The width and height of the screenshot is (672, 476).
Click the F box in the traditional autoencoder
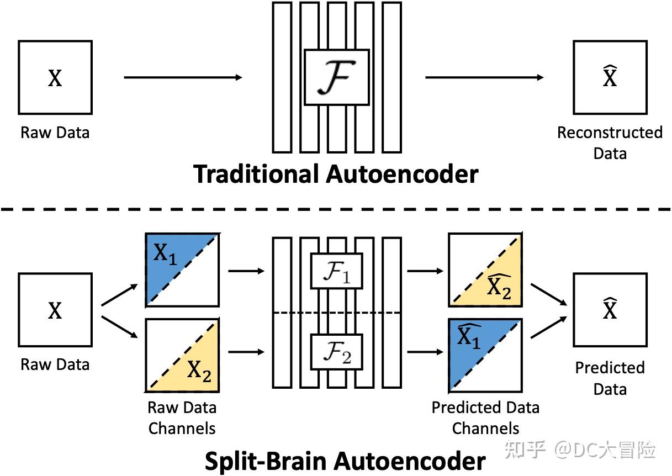(x=336, y=77)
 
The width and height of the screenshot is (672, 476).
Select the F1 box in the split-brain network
(x=336, y=271)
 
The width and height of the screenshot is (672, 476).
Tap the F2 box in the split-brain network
(x=336, y=352)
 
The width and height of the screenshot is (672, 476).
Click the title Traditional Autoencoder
(x=336, y=174)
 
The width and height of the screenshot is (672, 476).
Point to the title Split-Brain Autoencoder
(x=345, y=460)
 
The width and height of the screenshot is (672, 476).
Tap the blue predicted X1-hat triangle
(x=469, y=345)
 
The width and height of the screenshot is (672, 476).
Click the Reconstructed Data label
(x=610, y=142)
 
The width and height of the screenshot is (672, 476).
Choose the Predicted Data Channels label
(x=485, y=417)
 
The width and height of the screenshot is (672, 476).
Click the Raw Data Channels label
(x=182, y=417)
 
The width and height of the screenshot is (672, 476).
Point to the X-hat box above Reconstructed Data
(x=610, y=77)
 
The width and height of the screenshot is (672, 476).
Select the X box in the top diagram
(x=55, y=77)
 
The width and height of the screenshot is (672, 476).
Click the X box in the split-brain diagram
(x=55, y=310)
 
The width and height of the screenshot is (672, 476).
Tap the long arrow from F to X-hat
(x=484, y=77)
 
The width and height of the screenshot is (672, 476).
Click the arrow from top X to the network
(x=183, y=77)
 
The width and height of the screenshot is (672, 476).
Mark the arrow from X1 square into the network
(x=246, y=271)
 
